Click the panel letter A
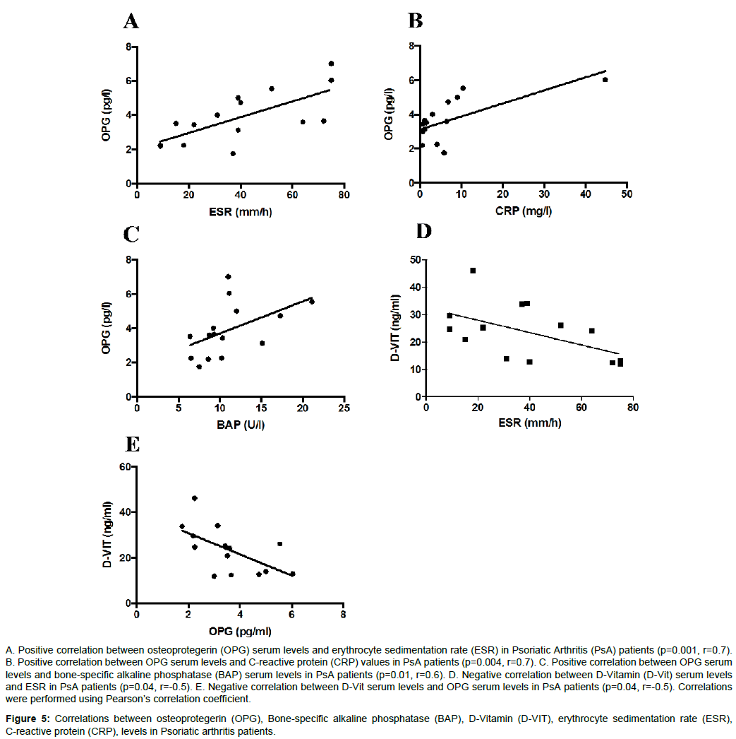tap(131, 21)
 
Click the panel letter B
tap(415, 20)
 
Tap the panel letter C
tap(131, 235)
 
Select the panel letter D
tap(423, 231)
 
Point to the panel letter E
tap(133, 444)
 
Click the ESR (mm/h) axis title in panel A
tap(241, 212)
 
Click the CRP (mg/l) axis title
tap(524, 211)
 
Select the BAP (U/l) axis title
tap(241, 425)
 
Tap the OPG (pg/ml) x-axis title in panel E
tap(240, 632)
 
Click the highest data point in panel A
tap(331, 64)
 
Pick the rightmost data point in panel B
tap(605, 80)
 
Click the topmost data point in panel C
tap(228, 277)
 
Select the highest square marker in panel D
tap(473, 271)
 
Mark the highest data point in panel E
tap(194, 498)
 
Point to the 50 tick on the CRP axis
tap(627, 194)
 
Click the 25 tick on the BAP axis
tap(344, 408)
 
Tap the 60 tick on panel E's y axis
tap(125, 466)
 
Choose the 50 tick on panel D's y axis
tap(415, 260)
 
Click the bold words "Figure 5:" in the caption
tap(28, 719)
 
